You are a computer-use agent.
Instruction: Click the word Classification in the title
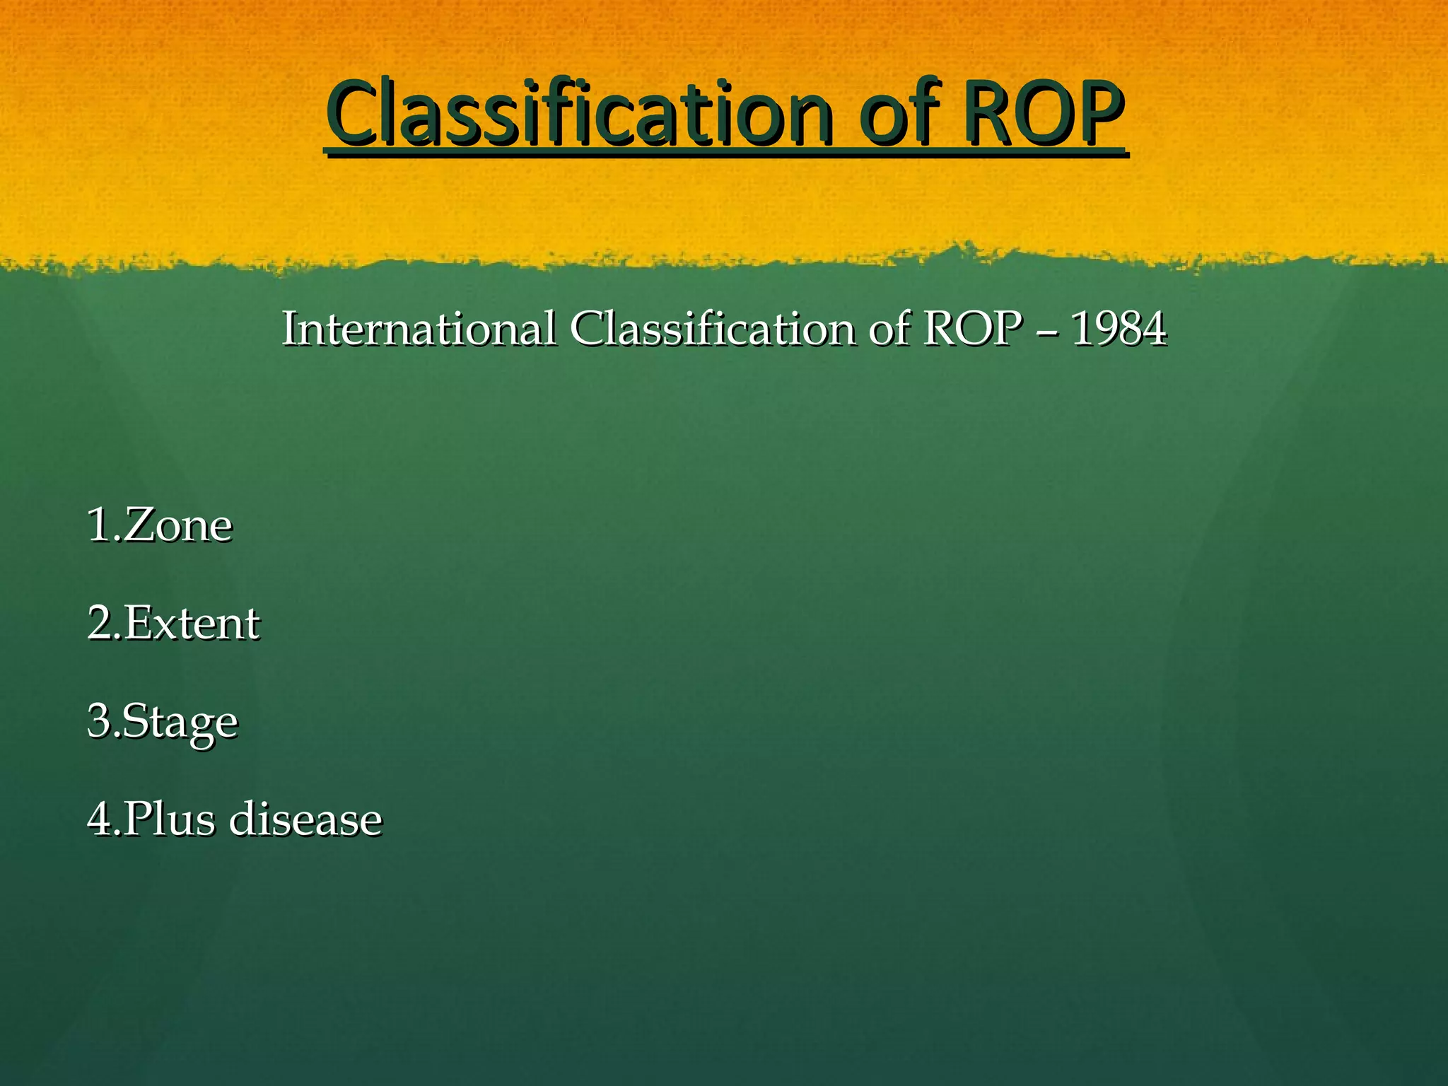coord(578,113)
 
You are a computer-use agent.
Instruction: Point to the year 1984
coord(1119,329)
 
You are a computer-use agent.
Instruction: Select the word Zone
coord(177,525)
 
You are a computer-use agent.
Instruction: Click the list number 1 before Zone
coord(98,525)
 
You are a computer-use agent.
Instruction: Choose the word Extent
coord(192,624)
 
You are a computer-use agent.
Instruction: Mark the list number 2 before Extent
coord(99,624)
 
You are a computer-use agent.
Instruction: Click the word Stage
coord(180,723)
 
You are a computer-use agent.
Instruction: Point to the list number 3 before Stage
coord(99,721)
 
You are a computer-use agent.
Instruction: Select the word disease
coord(306,819)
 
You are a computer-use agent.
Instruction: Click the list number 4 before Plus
coord(99,819)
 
